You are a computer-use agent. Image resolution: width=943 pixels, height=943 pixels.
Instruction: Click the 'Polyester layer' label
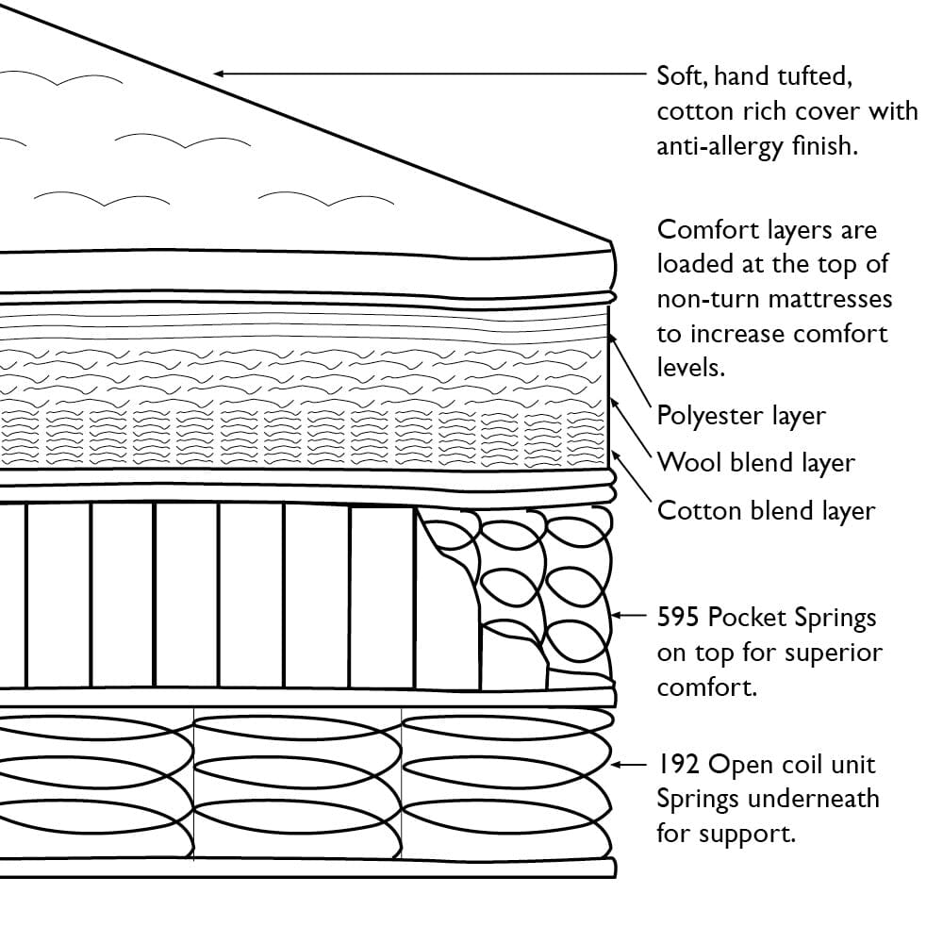pos(741,416)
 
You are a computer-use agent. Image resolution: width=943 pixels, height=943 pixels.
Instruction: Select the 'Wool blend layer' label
pos(755,463)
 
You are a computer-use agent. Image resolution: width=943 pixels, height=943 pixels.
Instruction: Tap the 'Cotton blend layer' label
pos(766,511)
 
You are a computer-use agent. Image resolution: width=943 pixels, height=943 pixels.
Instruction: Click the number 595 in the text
pos(679,618)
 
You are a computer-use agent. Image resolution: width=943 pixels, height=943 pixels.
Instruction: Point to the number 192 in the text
pos(678,764)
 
